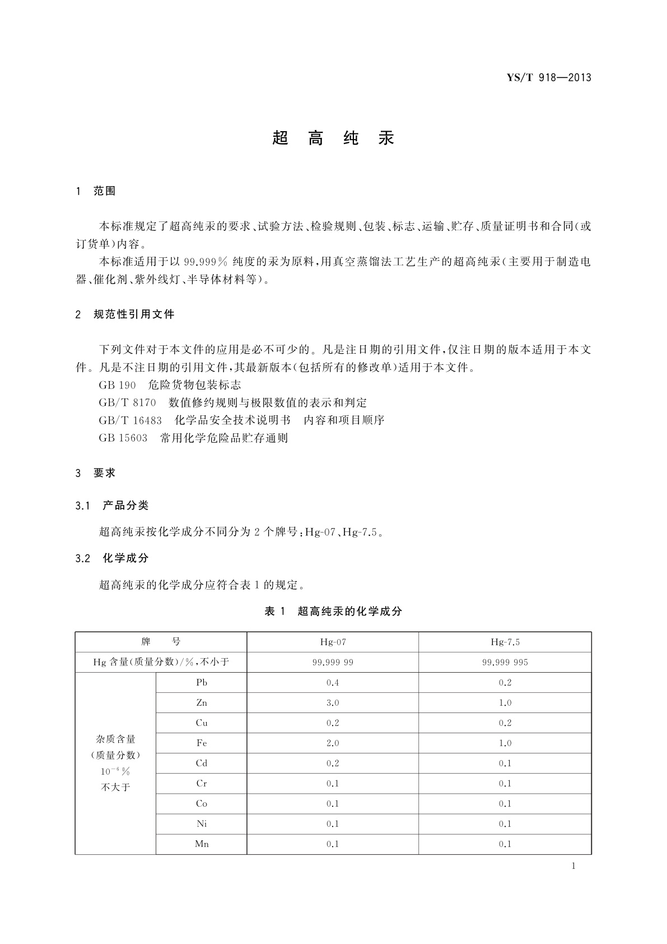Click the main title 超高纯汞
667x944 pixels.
(333, 138)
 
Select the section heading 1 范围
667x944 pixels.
(96, 191)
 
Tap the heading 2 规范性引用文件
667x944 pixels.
(125, 314)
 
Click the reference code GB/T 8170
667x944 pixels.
(127, 402)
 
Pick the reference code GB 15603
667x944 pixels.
(123, 438)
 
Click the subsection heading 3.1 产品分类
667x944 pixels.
(112, 506)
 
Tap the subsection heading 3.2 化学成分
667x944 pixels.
(112, 558)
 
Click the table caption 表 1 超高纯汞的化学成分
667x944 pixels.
(333, 612)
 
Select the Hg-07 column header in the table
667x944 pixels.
(333, 642)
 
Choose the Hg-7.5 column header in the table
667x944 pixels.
(505, 642)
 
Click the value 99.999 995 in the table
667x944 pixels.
(505, 663)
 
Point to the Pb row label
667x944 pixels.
(202, 683)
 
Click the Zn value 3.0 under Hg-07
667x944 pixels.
(333, 703)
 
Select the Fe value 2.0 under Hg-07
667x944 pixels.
(333, 743)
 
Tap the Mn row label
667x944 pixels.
(202, 844)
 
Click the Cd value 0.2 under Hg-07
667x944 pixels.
(333, 763)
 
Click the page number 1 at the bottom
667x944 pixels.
(573, 866)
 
